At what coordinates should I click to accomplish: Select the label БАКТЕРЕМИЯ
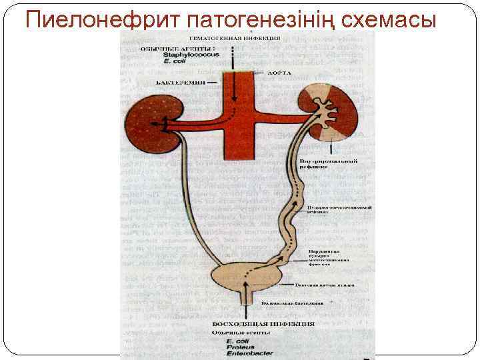pyautogui.click(x=178, y=82)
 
